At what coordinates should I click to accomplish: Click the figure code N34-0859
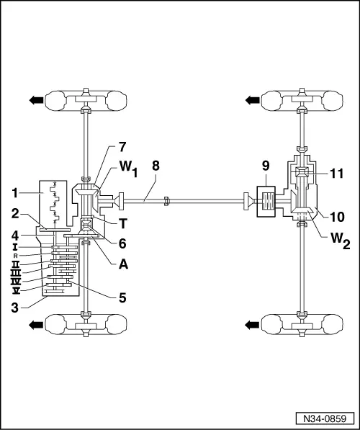(x=325, y=418)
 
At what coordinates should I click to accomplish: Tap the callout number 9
(x=266, y=166)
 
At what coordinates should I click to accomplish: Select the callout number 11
(x=336, y=174)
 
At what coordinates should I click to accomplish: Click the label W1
(x=128, y=169)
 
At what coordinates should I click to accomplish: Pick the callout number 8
(x=156, y=166)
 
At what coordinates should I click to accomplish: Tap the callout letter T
(x=123, y=224)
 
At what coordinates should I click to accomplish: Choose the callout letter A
(x=123, y=264)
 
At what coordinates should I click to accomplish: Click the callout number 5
(x=122, y=297)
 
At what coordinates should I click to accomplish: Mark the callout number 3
(x=15, y=308)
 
